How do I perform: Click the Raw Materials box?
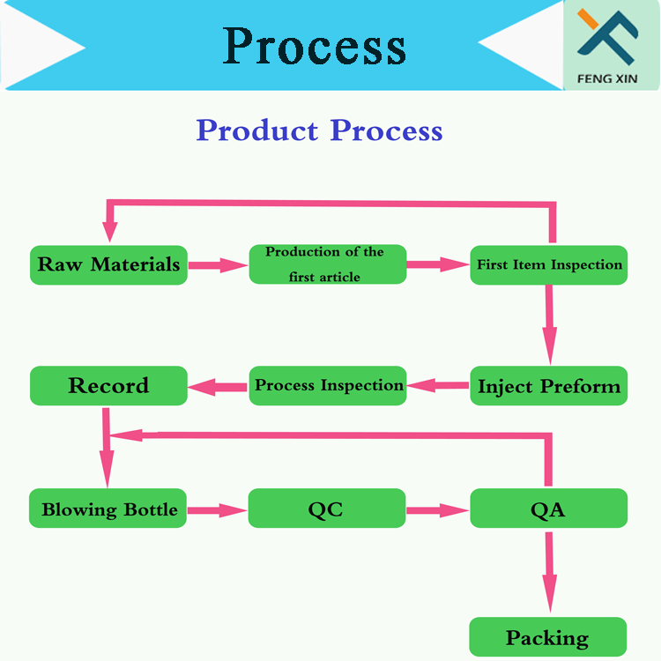click(108, 264)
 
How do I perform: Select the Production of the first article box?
click(327, 264)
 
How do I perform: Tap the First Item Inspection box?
click(549, 264)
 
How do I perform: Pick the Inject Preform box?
click(549, 386)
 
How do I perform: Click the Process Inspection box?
click(327, 386)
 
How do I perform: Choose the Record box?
click(108, 386)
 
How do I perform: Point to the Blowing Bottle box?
click(108, 509)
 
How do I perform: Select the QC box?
click(326, 509)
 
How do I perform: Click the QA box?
click(548, 509)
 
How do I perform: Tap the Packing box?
click(547, 637)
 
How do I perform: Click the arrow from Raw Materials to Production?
click(218, 264)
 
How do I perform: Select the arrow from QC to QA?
click(438, 509)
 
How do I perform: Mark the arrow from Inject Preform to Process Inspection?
click(438, 385)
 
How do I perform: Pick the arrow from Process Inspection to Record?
click(218, 385)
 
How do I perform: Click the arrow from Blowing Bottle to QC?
click(217, 509)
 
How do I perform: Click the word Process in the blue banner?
click(315, 46)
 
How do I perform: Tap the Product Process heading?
click(319, 130)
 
